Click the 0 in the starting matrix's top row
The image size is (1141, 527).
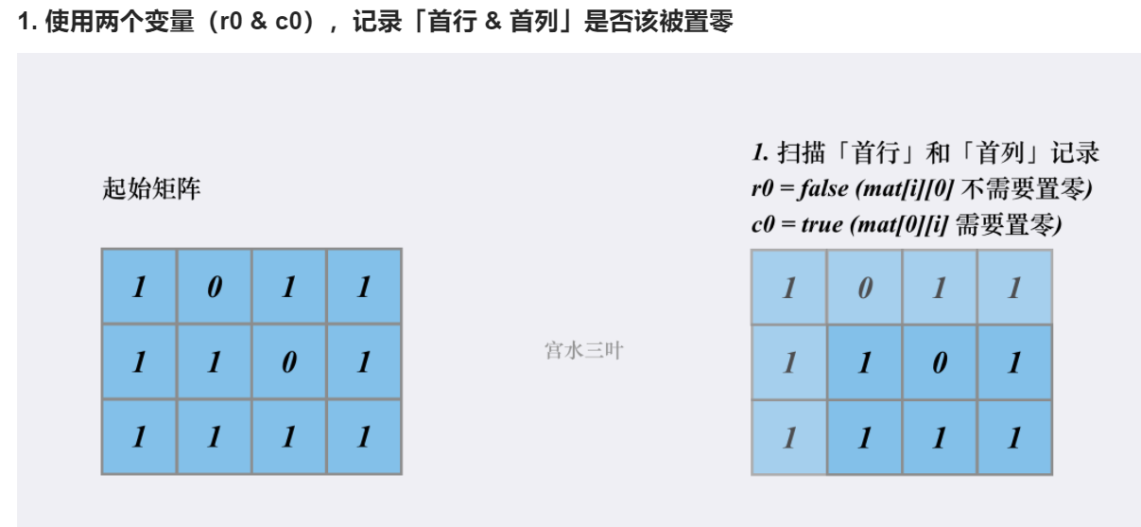pyautogui.click(x=214, y=287)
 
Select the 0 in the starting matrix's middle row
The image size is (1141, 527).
pyautogui.click(x=289, y=361)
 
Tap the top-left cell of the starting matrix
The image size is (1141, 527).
pyautogui.click(x=139, y=287)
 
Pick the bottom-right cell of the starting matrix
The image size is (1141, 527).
pyautogui.click(x=364, y=436)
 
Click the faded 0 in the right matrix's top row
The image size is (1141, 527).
pyautogui.click(x=864, y=288)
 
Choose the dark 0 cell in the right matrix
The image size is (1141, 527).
pyautogui.click(x=939, y=362)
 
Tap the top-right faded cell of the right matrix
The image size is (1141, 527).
pyautogui.click(x=1014, y=288)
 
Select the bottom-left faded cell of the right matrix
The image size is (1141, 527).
pyautogui.click(x=788, y=437)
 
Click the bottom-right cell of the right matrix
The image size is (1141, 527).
pyautogui.click(x=1014, y=437)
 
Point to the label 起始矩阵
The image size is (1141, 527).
pyautogui.click(x=151, y=189)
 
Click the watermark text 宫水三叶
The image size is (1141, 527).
pyautogui.click(x=584, y=351)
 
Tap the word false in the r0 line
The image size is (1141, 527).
pyautogui.click(x=823, y=188)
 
